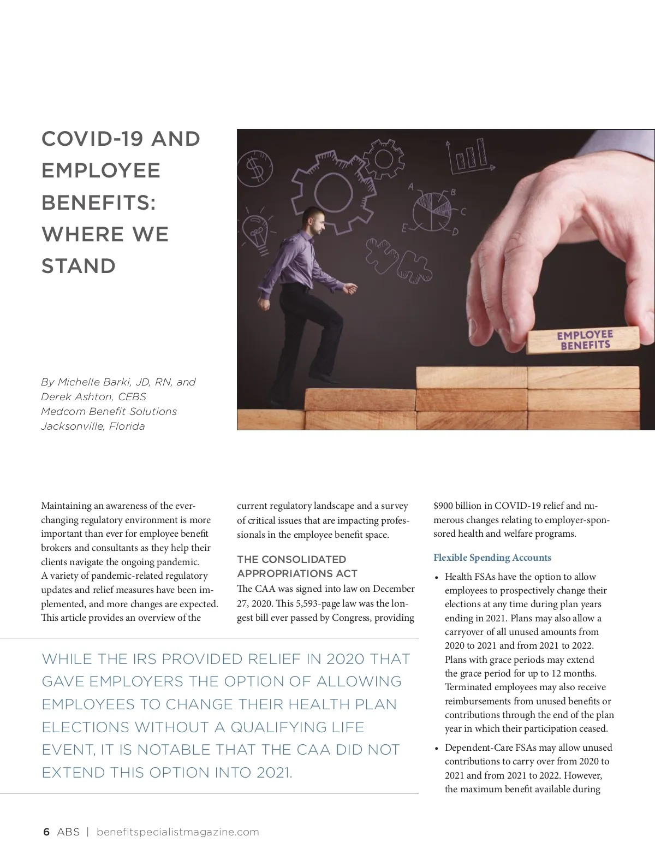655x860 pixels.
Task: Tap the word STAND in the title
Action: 79,266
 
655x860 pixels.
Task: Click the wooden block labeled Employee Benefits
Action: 584,340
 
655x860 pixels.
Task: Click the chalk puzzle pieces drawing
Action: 398,260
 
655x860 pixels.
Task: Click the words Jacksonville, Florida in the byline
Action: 93,426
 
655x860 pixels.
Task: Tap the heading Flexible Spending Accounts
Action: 492,557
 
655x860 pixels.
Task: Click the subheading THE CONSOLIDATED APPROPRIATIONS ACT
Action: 297,566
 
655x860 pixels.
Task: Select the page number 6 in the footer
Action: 46,832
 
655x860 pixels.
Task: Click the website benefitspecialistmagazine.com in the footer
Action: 177,832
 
